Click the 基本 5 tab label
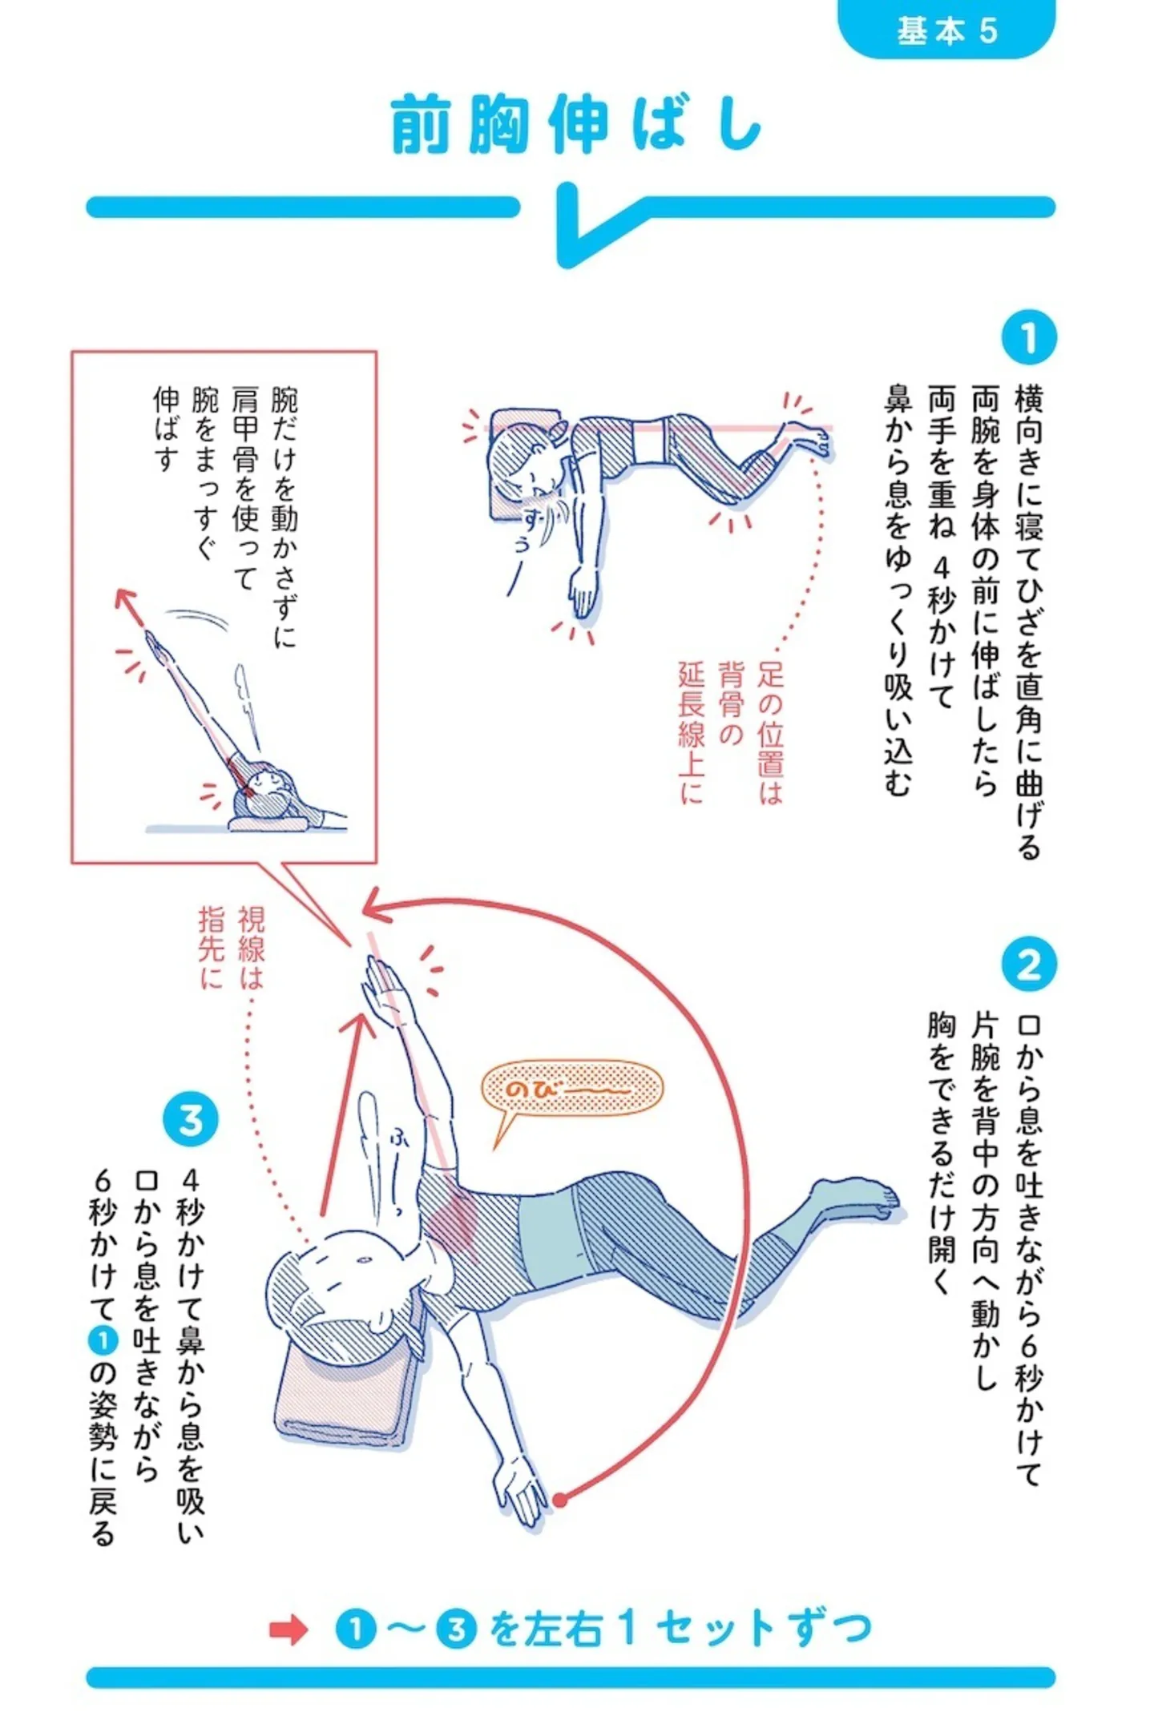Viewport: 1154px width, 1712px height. pyautogui.click(x=946, y=30)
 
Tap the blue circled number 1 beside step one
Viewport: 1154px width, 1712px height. pyautogui.click(x=1028, y=337)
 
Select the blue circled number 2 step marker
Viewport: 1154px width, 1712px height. pyautogui.click(x=1029, y=965)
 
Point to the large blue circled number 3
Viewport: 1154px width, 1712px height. pyautogui.click(x=190, y=1119)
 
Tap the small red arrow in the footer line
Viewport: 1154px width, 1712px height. pyautogui.click(x=288, y=1629)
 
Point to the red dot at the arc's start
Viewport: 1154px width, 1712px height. pyautogui.click(x=560, y=1500)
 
